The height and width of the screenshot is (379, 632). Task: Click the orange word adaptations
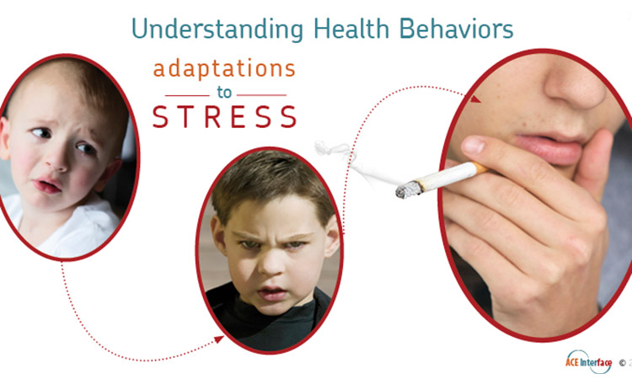(x=224, y=70)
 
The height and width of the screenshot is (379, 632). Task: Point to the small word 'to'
(x=225, y=94)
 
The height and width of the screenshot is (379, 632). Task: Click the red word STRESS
(x=224, y=116)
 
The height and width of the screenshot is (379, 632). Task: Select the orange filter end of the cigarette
(x=478, y=168)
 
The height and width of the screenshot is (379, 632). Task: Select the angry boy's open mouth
(x=270, y=293)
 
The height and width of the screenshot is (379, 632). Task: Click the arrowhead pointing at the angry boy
(x=220, y=339)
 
